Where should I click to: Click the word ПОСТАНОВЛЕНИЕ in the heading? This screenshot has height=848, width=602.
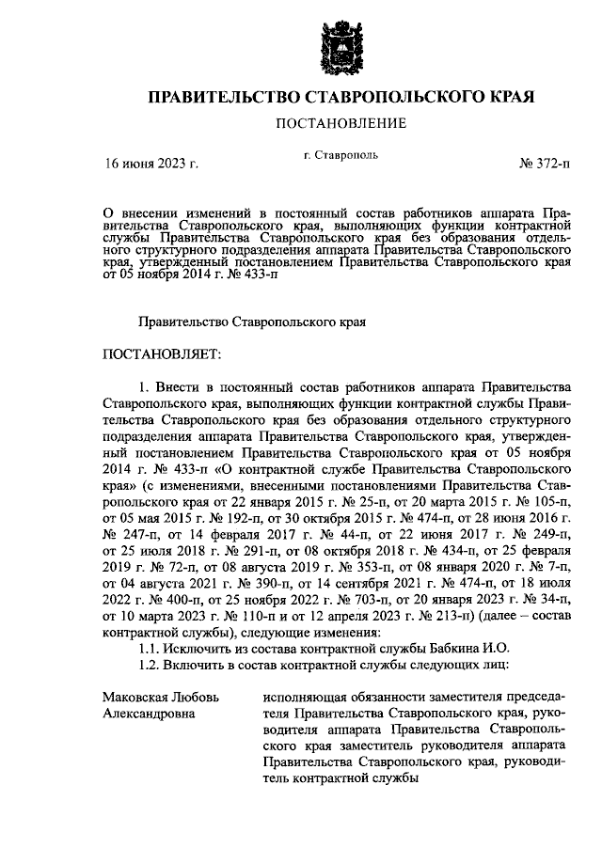pos(341,123)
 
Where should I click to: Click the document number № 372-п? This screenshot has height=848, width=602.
pos(545,163)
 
